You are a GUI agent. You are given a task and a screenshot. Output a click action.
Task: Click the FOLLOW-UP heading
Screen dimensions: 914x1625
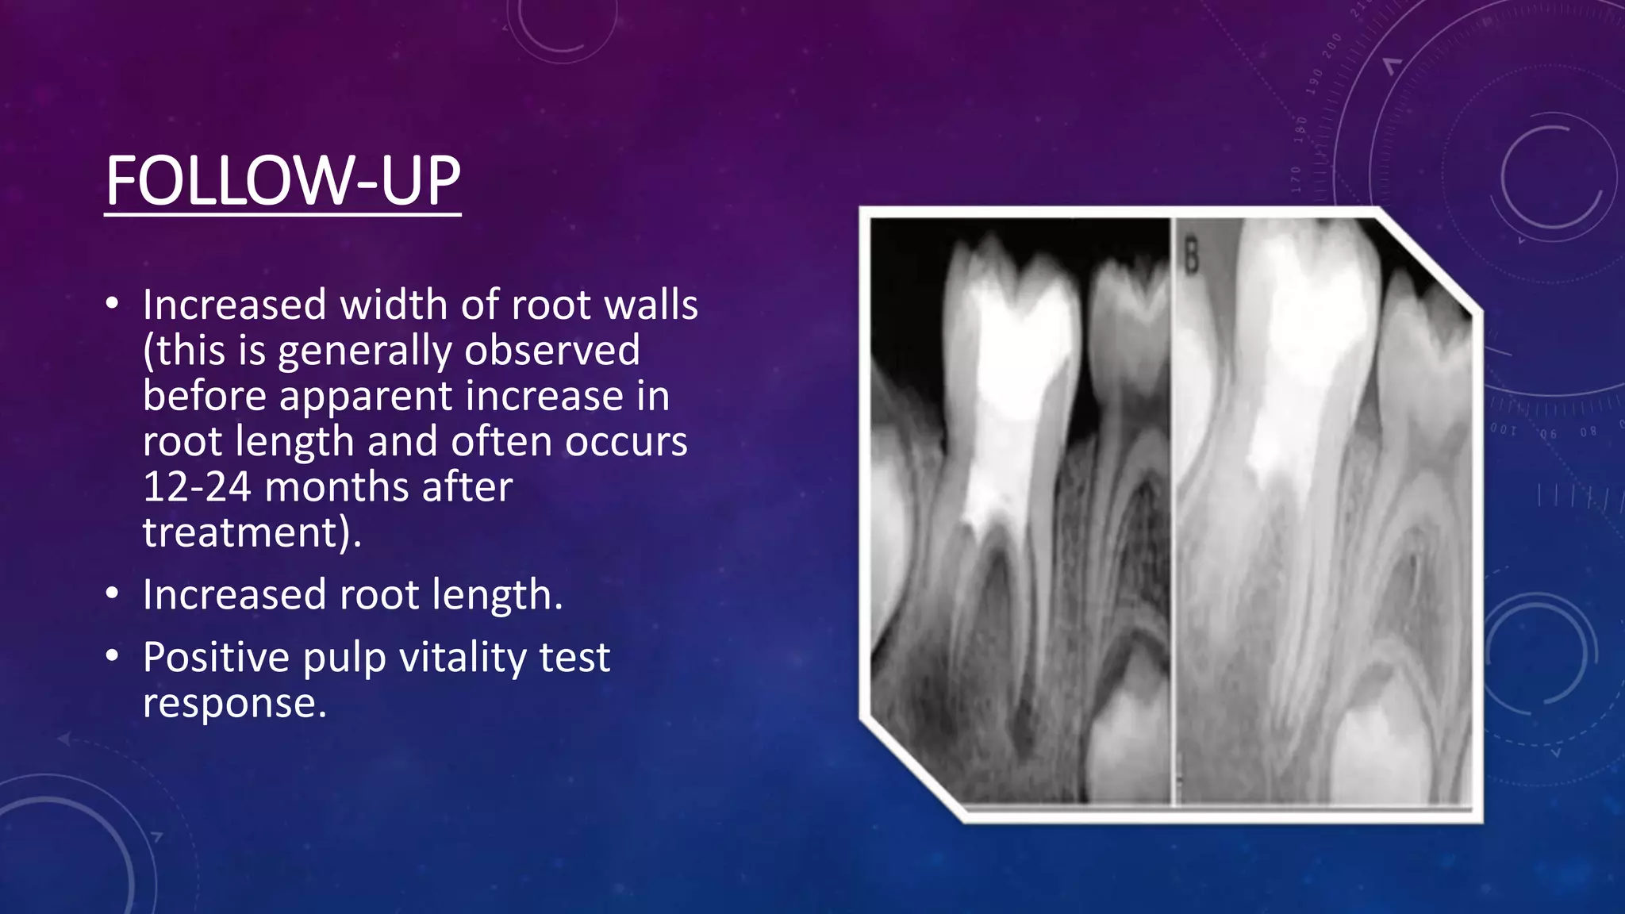pyautogui.click(x=282, y=181)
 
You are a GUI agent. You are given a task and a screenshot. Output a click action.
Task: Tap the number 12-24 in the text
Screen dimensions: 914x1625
pyautogui.click(x=196, y=486)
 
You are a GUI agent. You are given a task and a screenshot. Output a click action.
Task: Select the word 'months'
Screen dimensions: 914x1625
pyautogui.click(x=327, y=486)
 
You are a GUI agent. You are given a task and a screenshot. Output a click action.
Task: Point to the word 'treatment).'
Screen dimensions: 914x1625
pyautogui.click(x=252, y=532)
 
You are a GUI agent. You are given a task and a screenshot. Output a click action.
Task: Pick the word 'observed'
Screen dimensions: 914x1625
pyautogui.click(x=552, y=350)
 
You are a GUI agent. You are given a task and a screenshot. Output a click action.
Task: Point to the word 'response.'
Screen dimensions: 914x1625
pyautogui.click(x=235, y=703)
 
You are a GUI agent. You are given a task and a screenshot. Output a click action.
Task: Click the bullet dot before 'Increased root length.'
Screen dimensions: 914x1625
pyautogui.click(x=112, y=593)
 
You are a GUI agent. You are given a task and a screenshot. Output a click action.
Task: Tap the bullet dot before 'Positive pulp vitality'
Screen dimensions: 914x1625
pyautogui.click(x=112, y=656)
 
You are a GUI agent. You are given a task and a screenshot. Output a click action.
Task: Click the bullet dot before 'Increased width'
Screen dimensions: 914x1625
pyautogui.click(x=112, y=304)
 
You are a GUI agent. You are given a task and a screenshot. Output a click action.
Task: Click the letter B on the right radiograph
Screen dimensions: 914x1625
pyautogui.click(x=1191, y=258)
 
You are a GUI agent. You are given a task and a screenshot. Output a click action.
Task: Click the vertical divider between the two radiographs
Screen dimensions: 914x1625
pyautogui.click(x=1172, y=508)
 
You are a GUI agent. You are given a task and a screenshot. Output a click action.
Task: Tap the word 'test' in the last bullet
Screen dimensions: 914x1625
pyautogui.click(x=575, y=657)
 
